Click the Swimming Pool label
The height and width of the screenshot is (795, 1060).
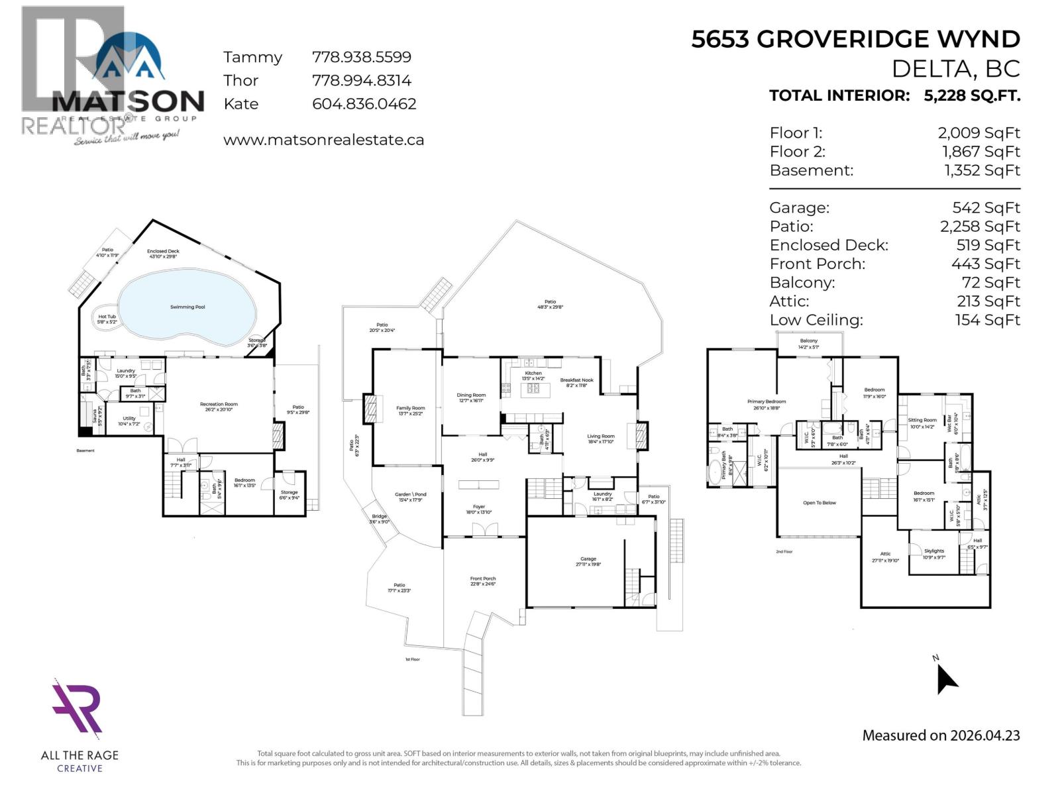[x=187, y=307]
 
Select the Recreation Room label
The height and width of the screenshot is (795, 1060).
[x=219, y=404]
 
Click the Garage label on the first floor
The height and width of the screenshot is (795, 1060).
[x=588, y=559]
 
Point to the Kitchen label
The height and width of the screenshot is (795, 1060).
[x=533, y=374]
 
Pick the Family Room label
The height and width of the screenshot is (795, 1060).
[x=411, y=409]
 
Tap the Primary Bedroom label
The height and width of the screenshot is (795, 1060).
[x=767, y=402]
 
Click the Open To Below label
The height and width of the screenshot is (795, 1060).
[x=820, y=503]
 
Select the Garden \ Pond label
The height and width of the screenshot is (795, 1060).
[x=411, y=495]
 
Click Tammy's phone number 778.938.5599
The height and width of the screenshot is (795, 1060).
[x=362, y=58]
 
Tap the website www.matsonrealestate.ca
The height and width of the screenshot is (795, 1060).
[x=323, y=140]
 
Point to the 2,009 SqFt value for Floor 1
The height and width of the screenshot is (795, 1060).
[x=979, y=133]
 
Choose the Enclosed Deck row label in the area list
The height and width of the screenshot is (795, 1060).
[x=829, y=245]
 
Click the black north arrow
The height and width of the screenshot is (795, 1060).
[x=946, y=680]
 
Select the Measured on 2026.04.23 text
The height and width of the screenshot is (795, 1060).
[x=941, y=735]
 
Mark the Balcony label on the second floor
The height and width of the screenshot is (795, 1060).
[x=808, y=341]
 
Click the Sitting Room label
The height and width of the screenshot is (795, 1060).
[x=922, y=421]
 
